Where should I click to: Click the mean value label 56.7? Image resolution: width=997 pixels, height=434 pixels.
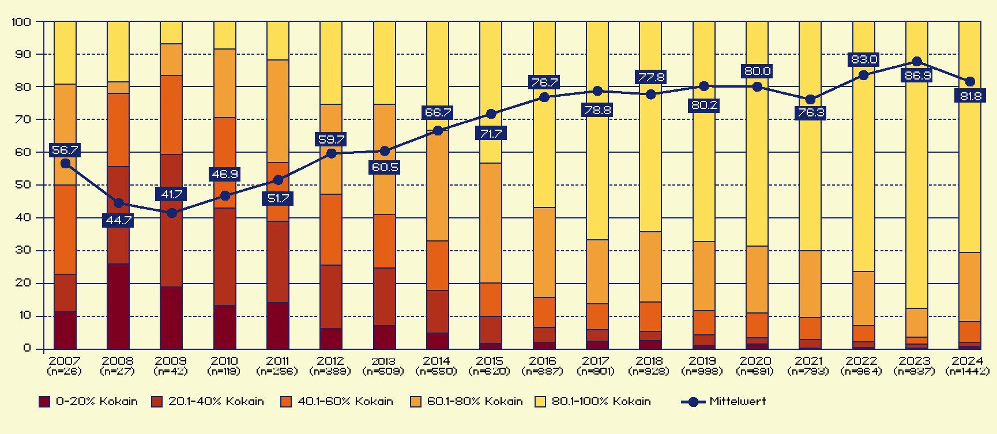(x=65, y=150)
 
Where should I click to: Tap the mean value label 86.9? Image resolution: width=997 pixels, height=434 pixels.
(x=917, y=76)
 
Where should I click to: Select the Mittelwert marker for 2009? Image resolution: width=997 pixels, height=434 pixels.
(x=172, y=213)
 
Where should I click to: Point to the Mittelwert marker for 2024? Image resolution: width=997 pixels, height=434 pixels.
(x=970, y=82)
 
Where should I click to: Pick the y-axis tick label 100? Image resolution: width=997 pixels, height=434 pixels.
(x=21, y=22)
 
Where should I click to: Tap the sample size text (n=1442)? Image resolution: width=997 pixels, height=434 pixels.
(x=968, y=371)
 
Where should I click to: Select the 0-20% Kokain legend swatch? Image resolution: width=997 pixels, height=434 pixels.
(x=44, y=402)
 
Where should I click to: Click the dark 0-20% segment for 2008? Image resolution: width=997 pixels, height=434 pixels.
(x=118, y=306)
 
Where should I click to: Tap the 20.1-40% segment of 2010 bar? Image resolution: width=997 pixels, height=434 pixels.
(x=225, y=256)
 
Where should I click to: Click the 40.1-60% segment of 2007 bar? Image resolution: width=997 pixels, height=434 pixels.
(x=65, y=229)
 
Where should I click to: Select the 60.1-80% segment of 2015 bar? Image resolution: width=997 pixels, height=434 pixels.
(x=491, y=223)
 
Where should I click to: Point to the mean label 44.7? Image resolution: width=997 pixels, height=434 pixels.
(x=119, y=221)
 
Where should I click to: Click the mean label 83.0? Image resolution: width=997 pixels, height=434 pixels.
(x=864, y=59)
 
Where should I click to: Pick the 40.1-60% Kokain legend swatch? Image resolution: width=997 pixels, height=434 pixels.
(x=286, y=402)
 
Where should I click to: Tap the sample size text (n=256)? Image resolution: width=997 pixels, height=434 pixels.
(x=277, y=371)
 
